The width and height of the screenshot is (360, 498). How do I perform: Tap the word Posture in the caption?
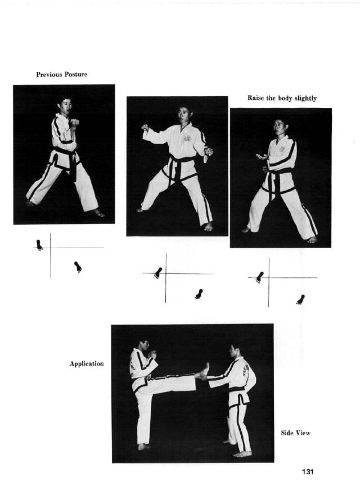point(76,74)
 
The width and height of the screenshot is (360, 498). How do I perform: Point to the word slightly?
point(306,98)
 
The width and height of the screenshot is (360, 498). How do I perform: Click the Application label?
point(87,364)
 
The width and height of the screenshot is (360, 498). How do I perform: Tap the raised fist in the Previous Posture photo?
point(75,123)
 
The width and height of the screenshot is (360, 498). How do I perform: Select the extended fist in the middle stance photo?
point(145,127)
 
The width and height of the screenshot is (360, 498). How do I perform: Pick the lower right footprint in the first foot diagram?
point(78,267)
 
